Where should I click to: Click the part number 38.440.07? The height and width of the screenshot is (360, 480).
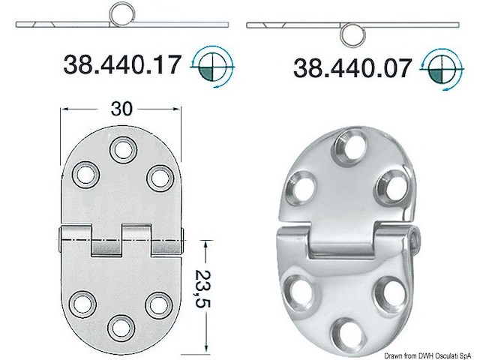pyautogui.click(x=352, y=68)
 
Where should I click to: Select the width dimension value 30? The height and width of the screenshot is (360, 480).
pyautogui.click(x=121, y=109)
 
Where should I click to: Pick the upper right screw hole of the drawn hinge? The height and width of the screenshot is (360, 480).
pyautogui.click(x=158, y=177)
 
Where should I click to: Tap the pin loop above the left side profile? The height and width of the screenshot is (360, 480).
pyautogui.click(x=120, y=13)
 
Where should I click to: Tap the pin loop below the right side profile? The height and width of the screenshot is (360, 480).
pyautogui.click(x=351, y=34)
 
